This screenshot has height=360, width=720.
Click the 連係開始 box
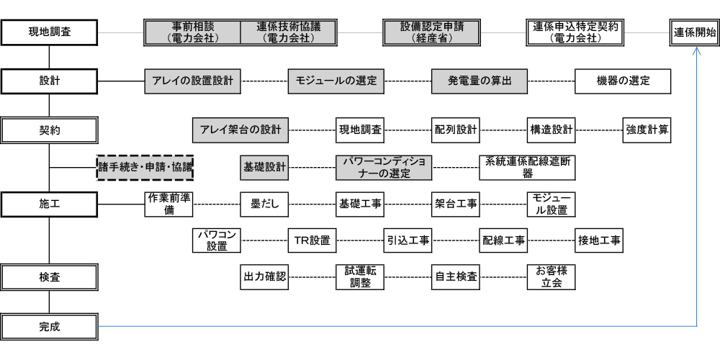(695, 32)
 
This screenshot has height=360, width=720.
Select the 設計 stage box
(49, 81)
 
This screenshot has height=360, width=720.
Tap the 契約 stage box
(49, 130)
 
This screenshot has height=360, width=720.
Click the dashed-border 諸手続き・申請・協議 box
(145, 168)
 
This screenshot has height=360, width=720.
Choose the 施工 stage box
(49, 204)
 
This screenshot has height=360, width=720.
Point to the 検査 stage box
(49, 277)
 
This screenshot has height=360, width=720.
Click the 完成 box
(49, 327)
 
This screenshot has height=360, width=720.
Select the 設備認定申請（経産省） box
(431, 32)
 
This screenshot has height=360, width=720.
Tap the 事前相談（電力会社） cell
(192, 32)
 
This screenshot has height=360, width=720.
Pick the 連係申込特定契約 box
(575, 32)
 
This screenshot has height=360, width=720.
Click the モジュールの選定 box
(336, 81)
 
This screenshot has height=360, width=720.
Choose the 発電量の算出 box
(480, 81)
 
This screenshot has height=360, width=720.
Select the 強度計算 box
(647, 130)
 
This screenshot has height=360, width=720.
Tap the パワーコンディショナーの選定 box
(384, 168)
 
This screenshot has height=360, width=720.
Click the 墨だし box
(264, 204)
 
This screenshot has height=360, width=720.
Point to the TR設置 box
(312, 240)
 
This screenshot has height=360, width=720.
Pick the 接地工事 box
(599, 240)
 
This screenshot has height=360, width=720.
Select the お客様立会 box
(551, 277)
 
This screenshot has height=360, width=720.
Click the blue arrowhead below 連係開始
(696, 50)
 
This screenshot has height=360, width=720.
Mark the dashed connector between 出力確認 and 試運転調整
(312, 277)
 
